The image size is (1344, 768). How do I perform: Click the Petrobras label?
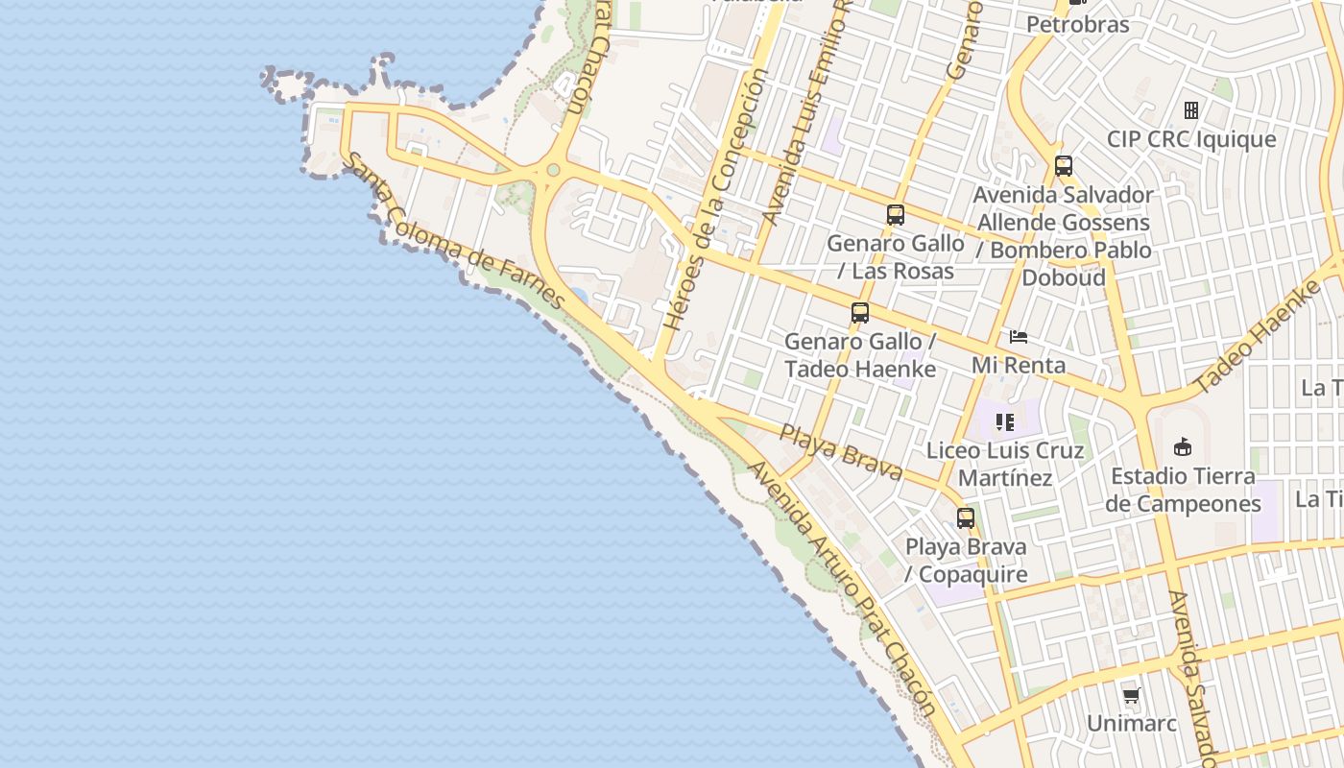(x=1078, y=24)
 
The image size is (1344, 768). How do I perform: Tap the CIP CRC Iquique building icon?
(x=1191, y=109)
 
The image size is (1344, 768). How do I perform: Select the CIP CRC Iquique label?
(x=1191, y=139)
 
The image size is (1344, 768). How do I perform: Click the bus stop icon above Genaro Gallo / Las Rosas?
(x=896, y=215)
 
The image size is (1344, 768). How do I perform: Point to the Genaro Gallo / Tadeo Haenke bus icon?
(x=860, y=313)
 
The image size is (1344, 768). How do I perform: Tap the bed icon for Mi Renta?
(x=1019, y=337)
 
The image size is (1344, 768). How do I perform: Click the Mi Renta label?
(x=1019, y=365)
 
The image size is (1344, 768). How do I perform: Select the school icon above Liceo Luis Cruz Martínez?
(x=1005, y=422)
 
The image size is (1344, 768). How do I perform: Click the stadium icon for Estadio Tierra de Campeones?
(x=1183, y=447)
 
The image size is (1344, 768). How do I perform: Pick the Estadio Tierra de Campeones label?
(x=1183, y=490)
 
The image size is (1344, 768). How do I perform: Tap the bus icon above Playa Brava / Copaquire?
(x=966, y=518)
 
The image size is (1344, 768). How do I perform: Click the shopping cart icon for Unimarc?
(x=1131, y=695)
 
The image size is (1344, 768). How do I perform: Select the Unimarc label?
(x=1132, y=723)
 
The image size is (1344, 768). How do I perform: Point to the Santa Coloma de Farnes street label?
(x=454, y=231)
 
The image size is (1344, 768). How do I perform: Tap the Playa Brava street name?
(x=840, y=451)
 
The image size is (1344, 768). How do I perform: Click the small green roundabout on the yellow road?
(x=553, y=171)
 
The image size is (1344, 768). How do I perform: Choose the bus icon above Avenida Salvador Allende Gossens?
(x=1064, y=166)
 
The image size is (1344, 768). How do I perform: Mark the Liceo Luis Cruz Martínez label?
(x=1005, y=464)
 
